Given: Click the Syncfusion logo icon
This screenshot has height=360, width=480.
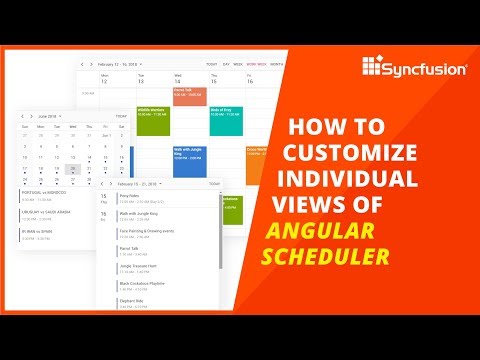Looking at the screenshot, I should [372, 68].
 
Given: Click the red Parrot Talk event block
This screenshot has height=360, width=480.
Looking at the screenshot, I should [189, 96].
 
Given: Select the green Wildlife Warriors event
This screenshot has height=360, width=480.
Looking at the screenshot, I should [153, 119].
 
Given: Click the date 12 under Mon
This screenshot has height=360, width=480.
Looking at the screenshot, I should [104, 81].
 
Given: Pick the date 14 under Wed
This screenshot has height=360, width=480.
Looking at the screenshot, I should [178, 81].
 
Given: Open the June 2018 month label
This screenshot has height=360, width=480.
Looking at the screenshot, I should [49, 116].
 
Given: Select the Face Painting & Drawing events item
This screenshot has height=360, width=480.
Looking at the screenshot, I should [150, 231].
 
